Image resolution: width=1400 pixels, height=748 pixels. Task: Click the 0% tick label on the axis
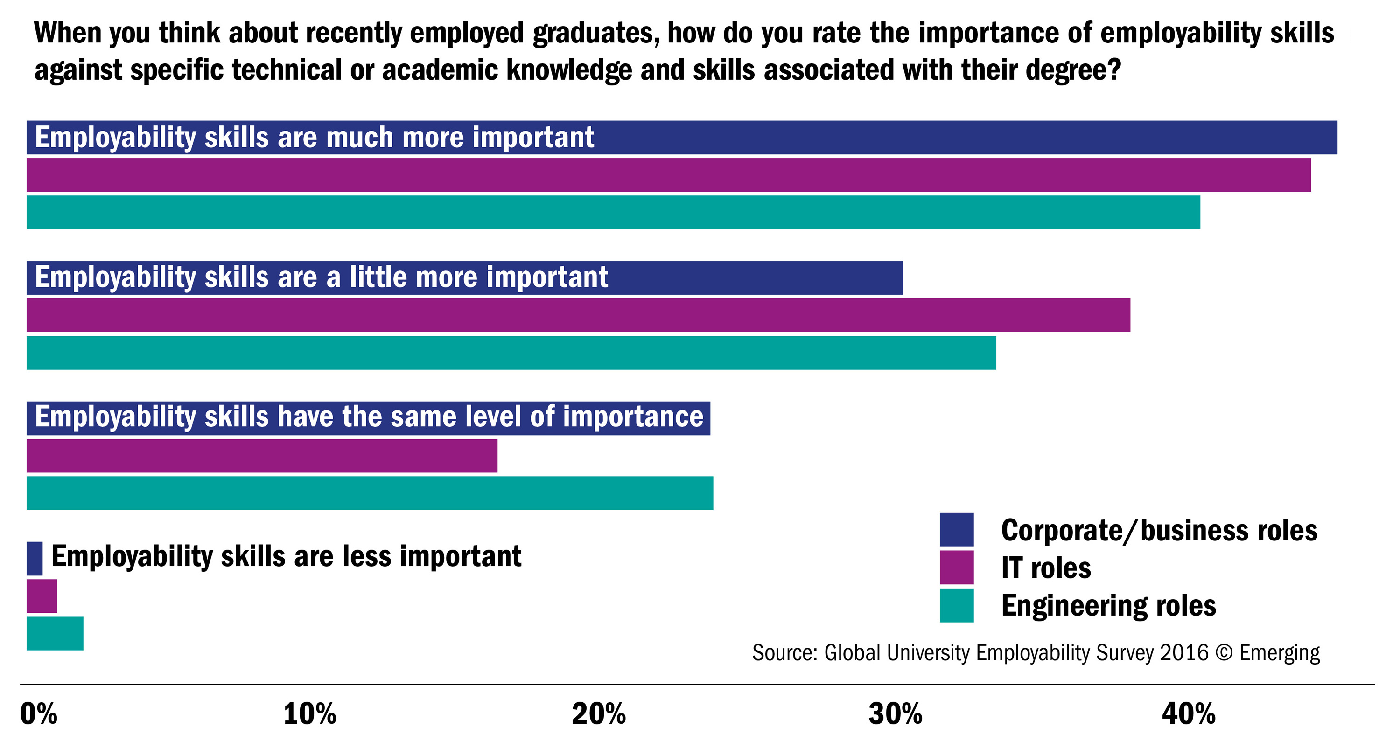click(39, 714)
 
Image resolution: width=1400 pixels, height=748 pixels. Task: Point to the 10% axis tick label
click(310, 714)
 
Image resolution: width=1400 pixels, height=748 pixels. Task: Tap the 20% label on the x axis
click(598, 714)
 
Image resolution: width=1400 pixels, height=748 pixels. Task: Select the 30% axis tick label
click(895, 714)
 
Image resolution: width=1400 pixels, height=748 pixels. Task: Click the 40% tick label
click(1189, 714)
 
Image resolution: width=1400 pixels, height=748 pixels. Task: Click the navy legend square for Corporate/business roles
click(957, 529)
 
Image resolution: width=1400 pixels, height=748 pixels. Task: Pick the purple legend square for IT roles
click(957, 567)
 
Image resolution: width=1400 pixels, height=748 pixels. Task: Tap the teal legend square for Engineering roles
click(957, 605)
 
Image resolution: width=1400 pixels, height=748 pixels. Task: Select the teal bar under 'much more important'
click(613, 212)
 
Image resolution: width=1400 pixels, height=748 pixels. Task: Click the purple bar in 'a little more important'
click(578, 315)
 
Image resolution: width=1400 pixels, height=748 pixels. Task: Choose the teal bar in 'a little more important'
click(511, 353)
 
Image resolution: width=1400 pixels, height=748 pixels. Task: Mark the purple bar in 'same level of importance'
click(262, 456)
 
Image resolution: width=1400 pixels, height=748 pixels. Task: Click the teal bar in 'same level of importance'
click(370, 493)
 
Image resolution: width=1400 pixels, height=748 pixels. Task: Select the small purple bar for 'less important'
click(42, 596)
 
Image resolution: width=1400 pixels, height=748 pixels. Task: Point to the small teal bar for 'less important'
click(55, 633)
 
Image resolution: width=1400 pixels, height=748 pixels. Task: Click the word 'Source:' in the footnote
click(785, 652)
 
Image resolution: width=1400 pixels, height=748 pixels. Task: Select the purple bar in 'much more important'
click(668, 175)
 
